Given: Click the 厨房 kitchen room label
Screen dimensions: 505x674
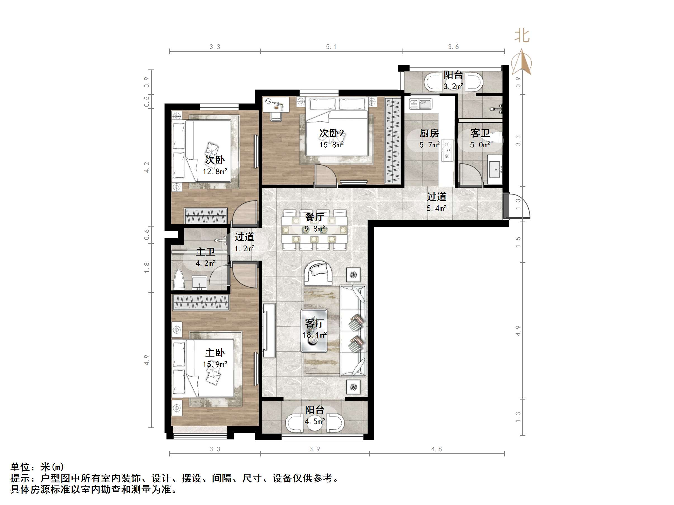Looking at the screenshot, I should (429, 133).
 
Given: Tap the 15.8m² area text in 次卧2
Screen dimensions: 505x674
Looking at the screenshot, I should (331, 145).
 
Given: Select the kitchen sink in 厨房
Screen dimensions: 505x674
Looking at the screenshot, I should (420, 104).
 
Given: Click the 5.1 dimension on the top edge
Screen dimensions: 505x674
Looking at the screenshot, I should (331, 47).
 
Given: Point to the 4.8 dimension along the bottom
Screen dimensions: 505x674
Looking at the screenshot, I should (436, 449).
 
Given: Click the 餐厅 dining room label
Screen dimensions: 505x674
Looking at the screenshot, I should (315, 217).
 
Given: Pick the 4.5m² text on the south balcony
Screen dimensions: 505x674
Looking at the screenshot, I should (315, 422).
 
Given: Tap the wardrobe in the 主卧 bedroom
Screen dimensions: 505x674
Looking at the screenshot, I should (200, 302).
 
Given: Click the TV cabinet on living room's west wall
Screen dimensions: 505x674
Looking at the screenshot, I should (269, 330).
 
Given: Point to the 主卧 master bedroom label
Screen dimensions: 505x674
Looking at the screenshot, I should (215, 353).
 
